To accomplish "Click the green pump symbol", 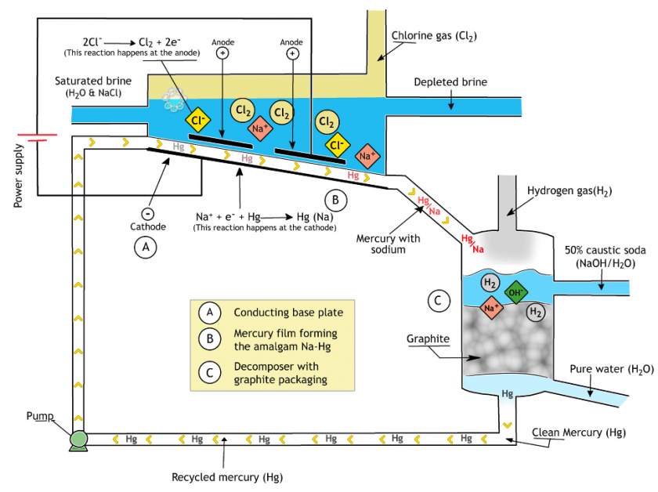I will [x=78, y=440].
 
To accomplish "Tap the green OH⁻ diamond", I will [x=516, y=293].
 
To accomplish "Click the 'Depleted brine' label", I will [x=450, y=82].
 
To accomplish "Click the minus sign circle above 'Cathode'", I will [x=148, y=212].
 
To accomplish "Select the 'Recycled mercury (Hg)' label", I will [x=227, y=477].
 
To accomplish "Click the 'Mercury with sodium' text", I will [x=388, y=244].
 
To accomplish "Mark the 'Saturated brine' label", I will [x=92, y=81].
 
